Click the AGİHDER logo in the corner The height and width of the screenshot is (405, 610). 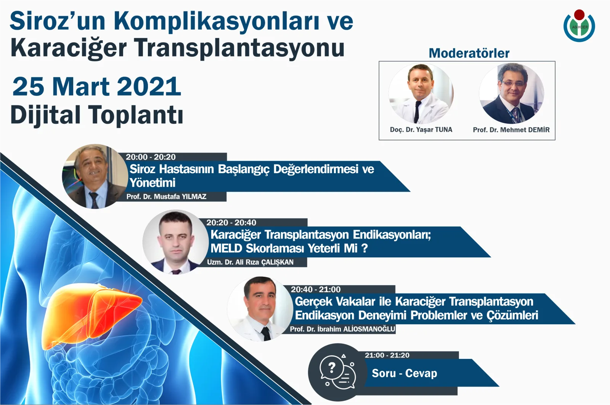coord(579,26)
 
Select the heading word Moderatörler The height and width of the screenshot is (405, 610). coord(469,53)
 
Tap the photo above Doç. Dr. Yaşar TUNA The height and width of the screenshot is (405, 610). coord(421,94)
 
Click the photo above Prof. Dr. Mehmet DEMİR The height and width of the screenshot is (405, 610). coord(512,94)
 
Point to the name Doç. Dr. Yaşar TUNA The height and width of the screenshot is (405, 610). coord(421,130)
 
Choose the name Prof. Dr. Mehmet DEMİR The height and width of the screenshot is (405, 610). coord(511,130)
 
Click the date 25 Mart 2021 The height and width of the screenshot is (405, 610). coord(97,87)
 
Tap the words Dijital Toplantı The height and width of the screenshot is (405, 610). coord(97,115)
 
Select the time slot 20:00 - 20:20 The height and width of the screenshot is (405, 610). coord(151,157)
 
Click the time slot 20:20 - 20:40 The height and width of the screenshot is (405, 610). coord(231,223)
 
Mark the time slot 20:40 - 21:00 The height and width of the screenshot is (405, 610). coord(316,290)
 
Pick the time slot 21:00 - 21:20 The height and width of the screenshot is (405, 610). coord(387,356)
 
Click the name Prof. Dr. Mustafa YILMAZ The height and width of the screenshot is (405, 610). coord(166,197)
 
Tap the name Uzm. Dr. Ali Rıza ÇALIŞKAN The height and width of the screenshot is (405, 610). coord(250,262)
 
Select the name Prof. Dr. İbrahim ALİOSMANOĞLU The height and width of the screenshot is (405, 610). coord(342,329)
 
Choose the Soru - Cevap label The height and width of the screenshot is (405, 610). coord(405,373)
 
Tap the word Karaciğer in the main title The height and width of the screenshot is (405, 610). coord(69,48)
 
